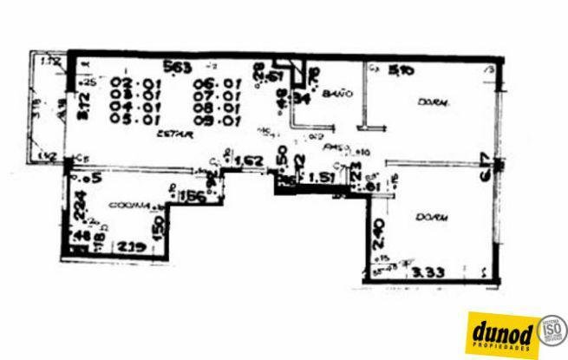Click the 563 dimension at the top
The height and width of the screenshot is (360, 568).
coord(180,66)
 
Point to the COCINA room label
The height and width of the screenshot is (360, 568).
coord(126,205)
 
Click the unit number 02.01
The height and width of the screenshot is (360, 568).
coord(128,83)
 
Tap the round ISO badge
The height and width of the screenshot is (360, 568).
coord(552,330)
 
